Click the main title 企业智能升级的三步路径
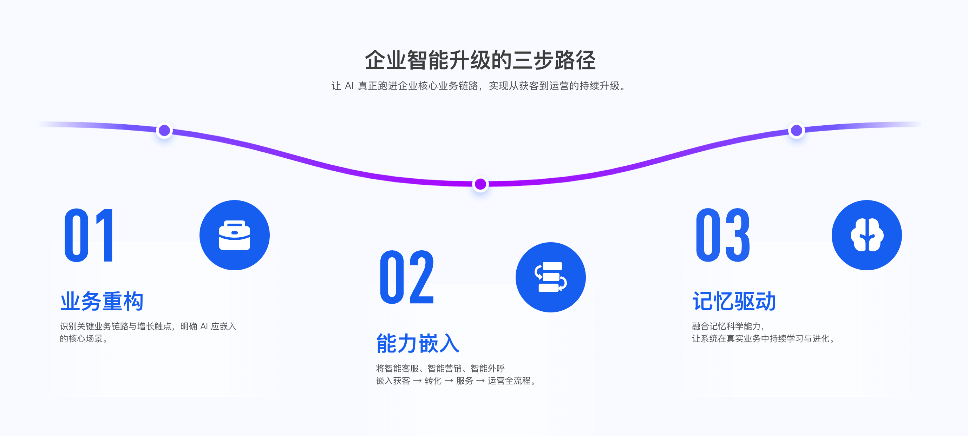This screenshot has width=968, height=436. coord(480,60)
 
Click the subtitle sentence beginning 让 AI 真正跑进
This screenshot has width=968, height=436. coord(480,86)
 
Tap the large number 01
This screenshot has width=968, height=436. coord(89,235)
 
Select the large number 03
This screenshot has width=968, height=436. coord(723,235)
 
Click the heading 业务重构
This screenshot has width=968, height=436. coord(102,301)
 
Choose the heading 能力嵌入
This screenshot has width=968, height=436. coord(418,343)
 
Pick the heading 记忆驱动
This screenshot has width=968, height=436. coord(734,301)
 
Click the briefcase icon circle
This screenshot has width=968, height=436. coord(235,235)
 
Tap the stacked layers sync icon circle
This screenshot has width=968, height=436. coord(550,277)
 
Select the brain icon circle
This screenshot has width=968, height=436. coord(866,235)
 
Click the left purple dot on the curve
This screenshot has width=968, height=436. coord(164,130)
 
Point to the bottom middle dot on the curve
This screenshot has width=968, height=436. coord(480,184)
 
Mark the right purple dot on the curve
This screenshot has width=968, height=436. coord(796,130)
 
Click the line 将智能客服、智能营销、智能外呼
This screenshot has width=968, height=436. coord(440,368)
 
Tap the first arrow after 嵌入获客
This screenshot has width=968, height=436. coord(417,381)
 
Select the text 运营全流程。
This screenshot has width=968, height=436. coord(512,381)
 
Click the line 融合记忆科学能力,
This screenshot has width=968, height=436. coord(728,326)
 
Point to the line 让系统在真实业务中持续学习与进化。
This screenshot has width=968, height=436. coord(764,339)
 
